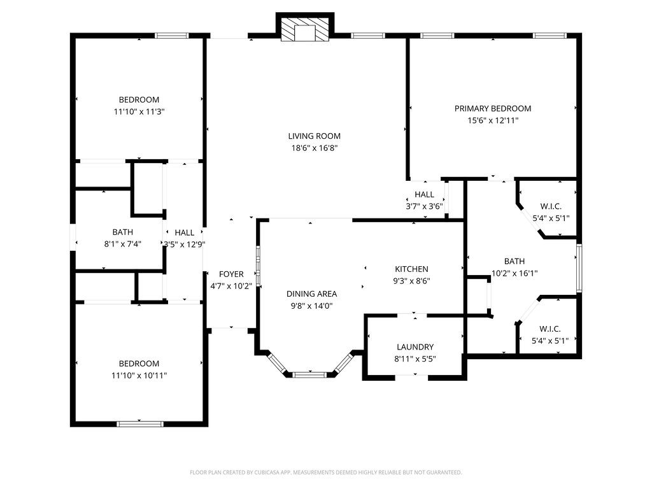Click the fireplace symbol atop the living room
(x=304, y=29)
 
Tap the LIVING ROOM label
(x=314, y=136)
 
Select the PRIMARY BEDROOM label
(x=492, y=108)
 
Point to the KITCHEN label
(x=411, y=269)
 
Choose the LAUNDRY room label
(x=415, y=347)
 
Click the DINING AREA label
(x=311, y=294)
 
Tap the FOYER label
(x=231, y=274)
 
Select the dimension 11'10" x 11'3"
(x=139, y=111)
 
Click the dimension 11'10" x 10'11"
(x=139, y=375)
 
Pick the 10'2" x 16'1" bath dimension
(x=514, y=273)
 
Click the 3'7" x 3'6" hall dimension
(x=424, y=206)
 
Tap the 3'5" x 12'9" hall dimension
(x=184, y=244)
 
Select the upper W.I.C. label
(x=550, y=206)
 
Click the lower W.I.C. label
(x=549, y=329)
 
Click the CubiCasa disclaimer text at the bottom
(x=325, y=472)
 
